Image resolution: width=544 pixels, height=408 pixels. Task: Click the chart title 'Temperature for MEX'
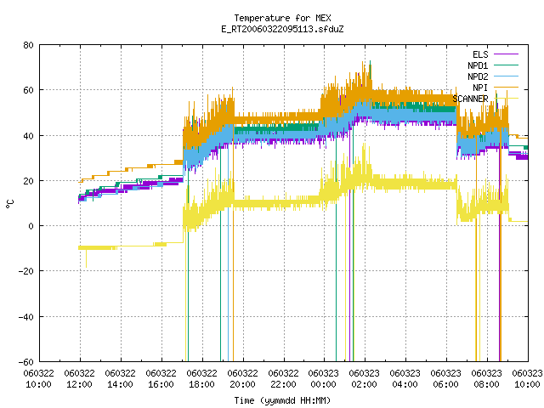[282, 18]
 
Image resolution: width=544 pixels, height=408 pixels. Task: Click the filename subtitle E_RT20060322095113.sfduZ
[282, 29]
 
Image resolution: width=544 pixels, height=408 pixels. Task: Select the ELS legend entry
[480, 54]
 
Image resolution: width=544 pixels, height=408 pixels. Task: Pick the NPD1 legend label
[478, 65]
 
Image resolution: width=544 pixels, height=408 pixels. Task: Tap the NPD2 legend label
[478, 76]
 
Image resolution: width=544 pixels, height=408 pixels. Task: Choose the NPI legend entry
[480, 88]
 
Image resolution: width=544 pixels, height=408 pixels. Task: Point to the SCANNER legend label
[470, 99]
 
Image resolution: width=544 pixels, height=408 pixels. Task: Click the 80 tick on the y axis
[29, 45]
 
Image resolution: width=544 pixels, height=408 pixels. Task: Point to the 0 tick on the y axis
[31, 226]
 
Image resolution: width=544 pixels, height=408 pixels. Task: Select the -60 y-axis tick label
[26, 362]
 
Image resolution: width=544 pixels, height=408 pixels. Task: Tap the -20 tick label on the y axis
[26, 271]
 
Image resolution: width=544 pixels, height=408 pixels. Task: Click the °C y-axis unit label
[9, 204]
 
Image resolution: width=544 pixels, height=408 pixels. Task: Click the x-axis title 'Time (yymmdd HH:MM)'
[282, 400]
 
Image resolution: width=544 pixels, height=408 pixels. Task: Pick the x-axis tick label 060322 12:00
[79, 378]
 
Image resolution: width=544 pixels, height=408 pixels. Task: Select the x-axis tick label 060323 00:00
[323, 378]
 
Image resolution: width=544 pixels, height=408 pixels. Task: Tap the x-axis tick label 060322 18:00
[201, 378]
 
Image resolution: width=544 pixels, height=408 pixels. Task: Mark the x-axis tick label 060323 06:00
[445, 378]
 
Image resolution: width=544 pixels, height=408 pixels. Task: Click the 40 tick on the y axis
[29, 136]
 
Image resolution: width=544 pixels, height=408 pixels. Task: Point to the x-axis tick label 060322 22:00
[283, 378]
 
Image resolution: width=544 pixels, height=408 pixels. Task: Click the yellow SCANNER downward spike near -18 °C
[86, 258]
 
